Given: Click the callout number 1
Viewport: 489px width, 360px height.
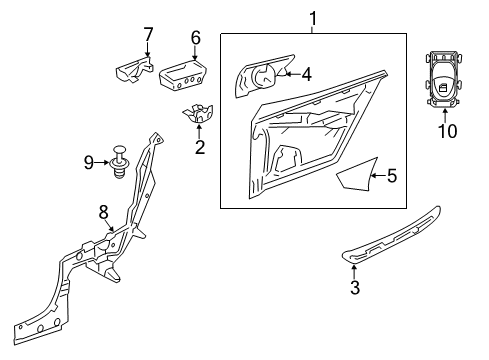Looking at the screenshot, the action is (313, 19).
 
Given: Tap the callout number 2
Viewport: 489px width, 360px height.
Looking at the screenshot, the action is (200, 147).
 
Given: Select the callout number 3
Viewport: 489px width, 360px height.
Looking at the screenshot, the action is (355, 287).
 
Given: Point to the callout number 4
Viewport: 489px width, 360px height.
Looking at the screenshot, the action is (306, 74).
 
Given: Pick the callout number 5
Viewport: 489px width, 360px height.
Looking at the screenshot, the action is (392, 176).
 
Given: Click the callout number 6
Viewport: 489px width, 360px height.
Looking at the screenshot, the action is (196, 38).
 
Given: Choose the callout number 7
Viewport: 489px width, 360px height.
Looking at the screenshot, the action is (148, 34).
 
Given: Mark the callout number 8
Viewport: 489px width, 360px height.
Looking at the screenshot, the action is (104, 212).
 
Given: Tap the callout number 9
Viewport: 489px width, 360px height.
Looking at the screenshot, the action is (89, 163).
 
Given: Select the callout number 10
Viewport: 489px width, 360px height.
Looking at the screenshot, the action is (447, 131).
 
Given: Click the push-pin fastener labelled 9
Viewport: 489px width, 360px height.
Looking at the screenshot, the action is (119, 162).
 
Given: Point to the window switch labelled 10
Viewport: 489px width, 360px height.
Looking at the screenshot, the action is (444, 80).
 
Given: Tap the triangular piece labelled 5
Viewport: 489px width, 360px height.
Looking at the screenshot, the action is (357, 177).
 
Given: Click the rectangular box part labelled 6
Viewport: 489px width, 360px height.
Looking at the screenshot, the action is (183, 75).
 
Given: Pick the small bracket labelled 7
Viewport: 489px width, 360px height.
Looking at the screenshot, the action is (134, 70).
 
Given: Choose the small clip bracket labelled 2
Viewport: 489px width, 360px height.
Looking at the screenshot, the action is (197, 113).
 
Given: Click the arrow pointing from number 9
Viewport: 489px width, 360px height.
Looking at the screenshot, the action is (102, 163).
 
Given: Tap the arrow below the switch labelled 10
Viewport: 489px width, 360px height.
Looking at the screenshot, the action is (445, 116).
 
